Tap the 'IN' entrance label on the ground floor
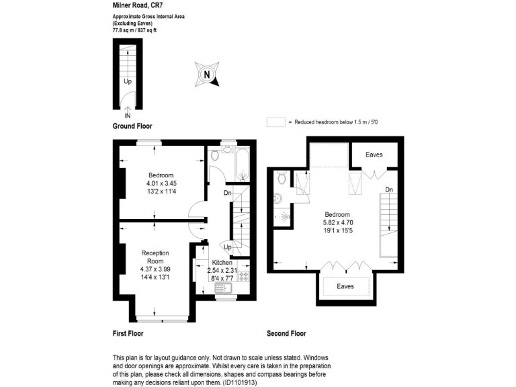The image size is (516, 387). pyautogui.click(x=128, y=116)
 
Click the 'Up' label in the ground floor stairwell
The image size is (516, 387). pyautogui.click(x=127, y=81)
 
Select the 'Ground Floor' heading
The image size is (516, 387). pyautogui.click(x=132, y=126)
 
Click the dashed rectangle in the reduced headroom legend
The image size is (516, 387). pyautogui.click(x=275, y=122)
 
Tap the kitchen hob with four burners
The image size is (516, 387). pyautogui.click(x=243, y=275)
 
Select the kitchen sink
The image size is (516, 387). pyautogui.click(x=222, y=288)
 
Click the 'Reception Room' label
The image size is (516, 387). pyautogui.click(x=155, y=257)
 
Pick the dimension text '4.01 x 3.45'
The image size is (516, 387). pyautogui.click(x=161, y=183)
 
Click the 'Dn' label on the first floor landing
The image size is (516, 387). pyautogui.click(x=228, y=193)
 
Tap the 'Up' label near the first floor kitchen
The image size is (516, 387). pyautogui.click(x=227, y=247)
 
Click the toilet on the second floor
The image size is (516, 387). pyautogui.click(x=282, y=177)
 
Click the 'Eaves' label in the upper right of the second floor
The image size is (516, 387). pyautogui.click(x=374, y=155)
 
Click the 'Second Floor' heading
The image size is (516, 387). pyautogui.click(x=287, y=333)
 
